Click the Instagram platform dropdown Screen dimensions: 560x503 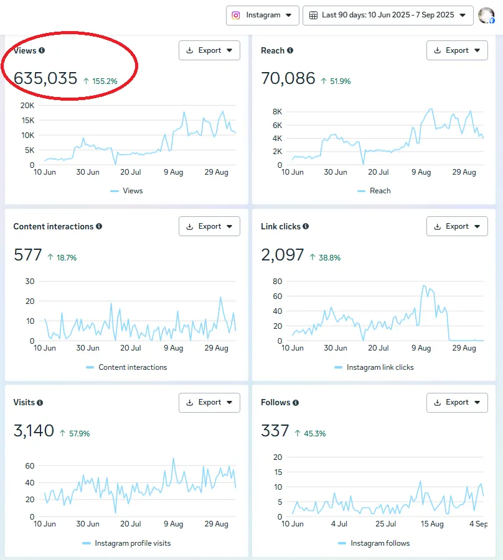click(x=262, y=16)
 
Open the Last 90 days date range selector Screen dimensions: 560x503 click(x=388, y=16)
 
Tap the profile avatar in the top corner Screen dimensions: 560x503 click(x=486, y=16)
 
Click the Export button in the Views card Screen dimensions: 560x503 click(x=209, y=50)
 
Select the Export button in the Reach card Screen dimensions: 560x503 click(x=457, y=50)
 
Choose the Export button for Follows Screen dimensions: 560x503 click(x=457, y=402)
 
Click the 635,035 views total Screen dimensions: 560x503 click(x=45, y=79)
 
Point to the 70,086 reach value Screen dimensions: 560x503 click(x=288, y=79)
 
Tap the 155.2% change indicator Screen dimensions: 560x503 click(x=100, y=81)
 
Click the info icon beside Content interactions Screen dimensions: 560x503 click(x=99, y=226)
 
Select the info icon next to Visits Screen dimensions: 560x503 click(x=40, y=403)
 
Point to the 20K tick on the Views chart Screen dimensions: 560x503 click(x=27, y=105)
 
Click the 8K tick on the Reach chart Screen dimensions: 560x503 click(x=278, y=111)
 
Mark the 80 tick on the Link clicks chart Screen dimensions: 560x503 click(x=278, y=281)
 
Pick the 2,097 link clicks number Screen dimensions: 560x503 click(x=283, y=255)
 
